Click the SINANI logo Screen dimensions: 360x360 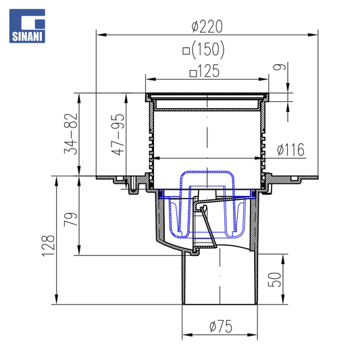[27, 26]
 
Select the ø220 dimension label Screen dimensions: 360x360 [207, 26]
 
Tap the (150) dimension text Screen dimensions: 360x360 [208, 49]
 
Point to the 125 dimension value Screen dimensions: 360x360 [208, 71]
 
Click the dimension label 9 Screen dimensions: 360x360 [279, 67]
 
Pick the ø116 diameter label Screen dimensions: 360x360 [290, 149]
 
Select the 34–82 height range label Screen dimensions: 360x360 [71, 134]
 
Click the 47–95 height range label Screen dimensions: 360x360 [118, 134]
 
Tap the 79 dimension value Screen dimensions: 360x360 [71, 220]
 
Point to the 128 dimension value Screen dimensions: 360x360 [48, 246]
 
